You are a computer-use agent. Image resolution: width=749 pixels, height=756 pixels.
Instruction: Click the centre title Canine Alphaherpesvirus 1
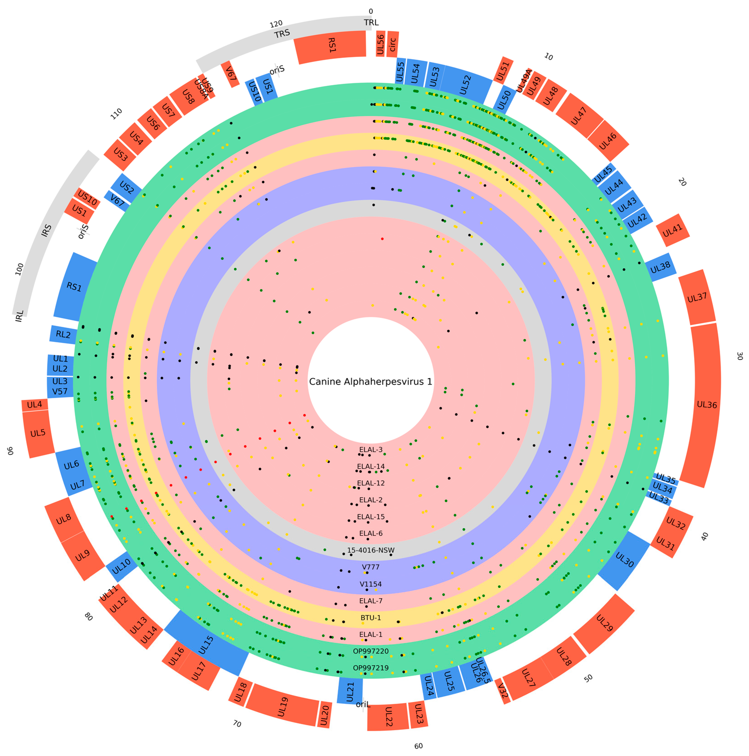point(371,382)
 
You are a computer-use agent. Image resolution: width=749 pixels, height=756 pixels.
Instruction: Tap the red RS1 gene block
point(331,46)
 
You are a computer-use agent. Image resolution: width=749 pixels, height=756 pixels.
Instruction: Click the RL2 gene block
point(63,335)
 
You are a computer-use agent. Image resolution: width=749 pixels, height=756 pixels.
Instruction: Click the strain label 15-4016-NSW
point(371,550)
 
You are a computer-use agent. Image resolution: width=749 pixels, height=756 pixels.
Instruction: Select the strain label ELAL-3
point(371,450)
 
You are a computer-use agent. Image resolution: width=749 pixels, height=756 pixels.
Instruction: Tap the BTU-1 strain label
point(371,618)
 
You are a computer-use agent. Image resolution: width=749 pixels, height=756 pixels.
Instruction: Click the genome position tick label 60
point(418,746)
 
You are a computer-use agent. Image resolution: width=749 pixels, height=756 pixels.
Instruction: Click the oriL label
point(363,704)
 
